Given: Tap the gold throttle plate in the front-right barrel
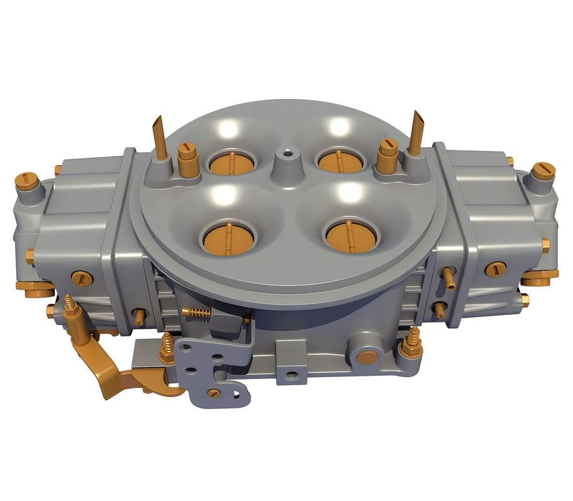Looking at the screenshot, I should tap(351, 236).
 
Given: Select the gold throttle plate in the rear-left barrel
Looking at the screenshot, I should tap(231, 163).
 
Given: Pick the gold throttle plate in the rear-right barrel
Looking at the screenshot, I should tap(340, 161).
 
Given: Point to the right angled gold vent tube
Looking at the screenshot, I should tap(416, 133).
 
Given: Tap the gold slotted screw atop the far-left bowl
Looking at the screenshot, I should tap(27, 181).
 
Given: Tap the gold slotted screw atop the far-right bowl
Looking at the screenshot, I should tap(544, 170).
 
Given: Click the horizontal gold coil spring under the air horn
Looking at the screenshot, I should tap(196, 312).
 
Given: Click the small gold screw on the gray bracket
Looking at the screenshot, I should tap(214, 393).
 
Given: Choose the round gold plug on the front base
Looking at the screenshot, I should tap(367, 358).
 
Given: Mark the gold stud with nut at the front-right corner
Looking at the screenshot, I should tap(414, 341).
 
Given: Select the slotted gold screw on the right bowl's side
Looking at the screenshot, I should tap(496, 269).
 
